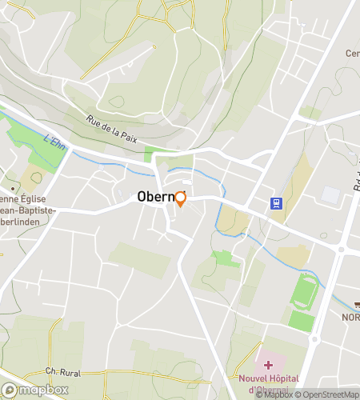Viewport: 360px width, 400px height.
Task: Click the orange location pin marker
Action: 180,198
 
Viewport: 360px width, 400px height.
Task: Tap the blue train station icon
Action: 276,203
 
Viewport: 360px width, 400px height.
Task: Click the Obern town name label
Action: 155,196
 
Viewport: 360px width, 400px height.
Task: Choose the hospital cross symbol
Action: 267,364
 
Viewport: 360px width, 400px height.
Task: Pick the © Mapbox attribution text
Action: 274,394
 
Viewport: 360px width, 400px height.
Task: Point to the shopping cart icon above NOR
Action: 356,304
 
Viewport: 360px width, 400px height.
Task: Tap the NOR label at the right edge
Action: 351,317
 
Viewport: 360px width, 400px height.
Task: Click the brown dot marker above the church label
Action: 11,189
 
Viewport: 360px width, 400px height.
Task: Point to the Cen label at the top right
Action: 351,54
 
